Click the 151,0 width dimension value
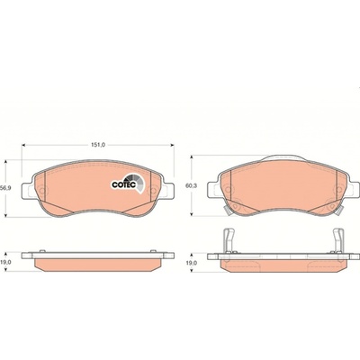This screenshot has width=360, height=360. click(x=98, y=145)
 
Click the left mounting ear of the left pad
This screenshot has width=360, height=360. click(x=28, y=191)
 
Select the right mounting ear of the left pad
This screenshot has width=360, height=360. click(x=168, y=191)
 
